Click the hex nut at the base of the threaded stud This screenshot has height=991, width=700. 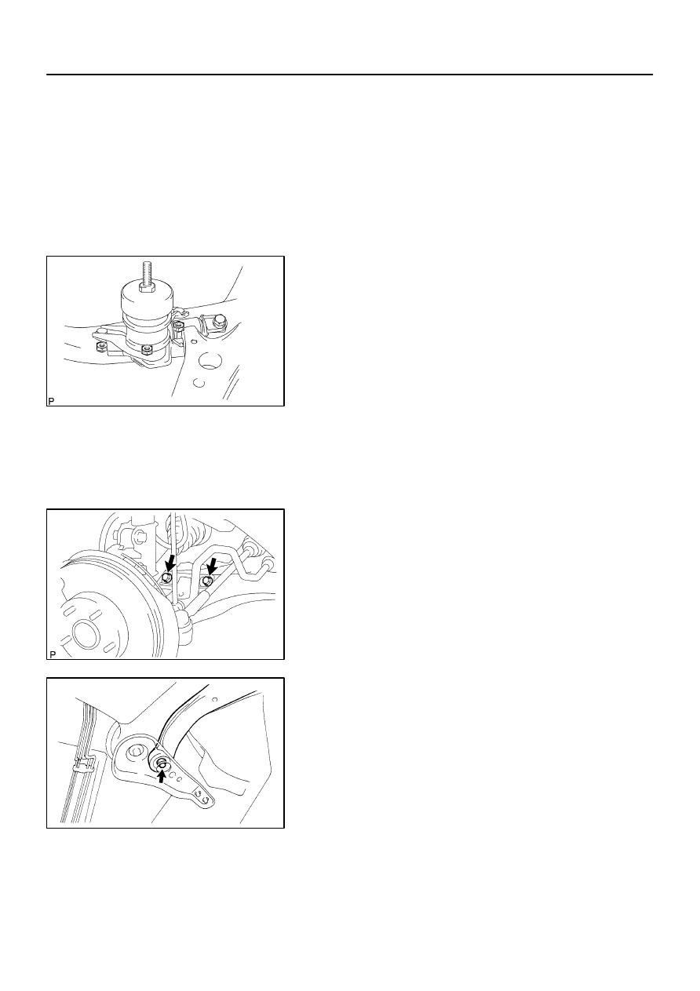tap(147, 289)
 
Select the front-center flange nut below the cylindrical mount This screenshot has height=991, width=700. tap(147, 350)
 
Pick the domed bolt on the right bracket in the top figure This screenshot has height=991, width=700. tap(219, 322)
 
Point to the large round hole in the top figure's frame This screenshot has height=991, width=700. tap(210, 361)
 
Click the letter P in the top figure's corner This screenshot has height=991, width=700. tap(51, 401)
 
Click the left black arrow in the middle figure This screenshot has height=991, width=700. tap(170, 563)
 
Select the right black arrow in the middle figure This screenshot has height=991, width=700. tap(212, 565)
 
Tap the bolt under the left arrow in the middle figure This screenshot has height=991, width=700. tap(166, 577)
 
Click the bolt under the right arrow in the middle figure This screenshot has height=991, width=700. tap(207, 580)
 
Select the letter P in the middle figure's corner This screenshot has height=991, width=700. tap(53, 654)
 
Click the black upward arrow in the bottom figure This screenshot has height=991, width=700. tap(162, 776)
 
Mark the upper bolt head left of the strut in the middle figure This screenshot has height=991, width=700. tap(141, 538)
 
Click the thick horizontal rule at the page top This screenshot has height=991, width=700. tap(349, 75)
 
